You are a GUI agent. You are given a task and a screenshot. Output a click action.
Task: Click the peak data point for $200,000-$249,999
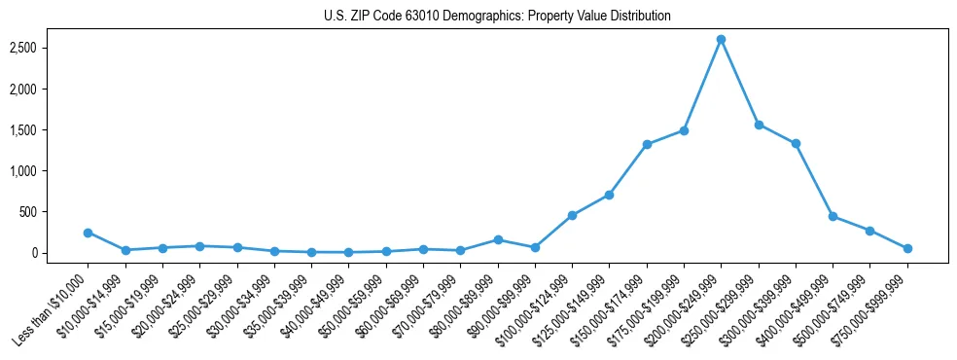tap(721, 39)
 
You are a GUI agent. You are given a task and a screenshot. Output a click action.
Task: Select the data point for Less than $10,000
tap(88, 233)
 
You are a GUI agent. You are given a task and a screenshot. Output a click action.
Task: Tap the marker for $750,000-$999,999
tap(907, 248)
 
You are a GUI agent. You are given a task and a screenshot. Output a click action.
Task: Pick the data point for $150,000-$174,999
tap(647, 144)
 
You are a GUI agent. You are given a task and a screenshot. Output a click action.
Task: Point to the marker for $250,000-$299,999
tap(759, 125)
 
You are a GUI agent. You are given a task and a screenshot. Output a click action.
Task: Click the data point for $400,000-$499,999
tap(833, 216)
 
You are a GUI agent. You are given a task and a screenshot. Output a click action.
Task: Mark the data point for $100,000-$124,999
tap(572, 215)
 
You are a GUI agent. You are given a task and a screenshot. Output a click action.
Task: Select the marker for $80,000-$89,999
tap(498, 239)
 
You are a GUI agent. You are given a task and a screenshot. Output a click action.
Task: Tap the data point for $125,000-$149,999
tap(609, 195)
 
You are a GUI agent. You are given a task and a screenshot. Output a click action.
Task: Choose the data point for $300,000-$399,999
tap(796, 143)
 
